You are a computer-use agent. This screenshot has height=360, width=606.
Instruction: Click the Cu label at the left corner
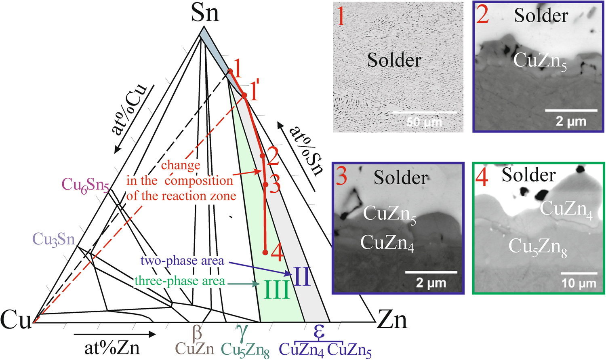tap(15, 320)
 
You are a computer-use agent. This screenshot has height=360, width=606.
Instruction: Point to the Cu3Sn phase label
tap(54, 239)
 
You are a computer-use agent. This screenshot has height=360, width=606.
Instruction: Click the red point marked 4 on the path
tap(265, 253)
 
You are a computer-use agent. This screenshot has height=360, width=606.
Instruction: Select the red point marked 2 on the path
tap(262, 156)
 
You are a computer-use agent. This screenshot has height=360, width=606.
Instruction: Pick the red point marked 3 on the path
tap(265, 185)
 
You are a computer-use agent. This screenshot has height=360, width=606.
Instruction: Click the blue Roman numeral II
tap(302, 277)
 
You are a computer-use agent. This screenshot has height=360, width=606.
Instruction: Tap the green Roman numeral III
tap(277, 290)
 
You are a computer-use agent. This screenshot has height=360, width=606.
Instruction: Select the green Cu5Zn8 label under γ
tap(245, 350)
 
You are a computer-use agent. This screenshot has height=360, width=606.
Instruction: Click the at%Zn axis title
tap(112, 347)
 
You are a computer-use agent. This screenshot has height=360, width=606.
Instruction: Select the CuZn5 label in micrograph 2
tap(540, 61)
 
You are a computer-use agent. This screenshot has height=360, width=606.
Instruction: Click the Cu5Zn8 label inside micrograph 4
tap(537, 246)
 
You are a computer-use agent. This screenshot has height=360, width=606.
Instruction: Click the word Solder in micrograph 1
tap(394, 60)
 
